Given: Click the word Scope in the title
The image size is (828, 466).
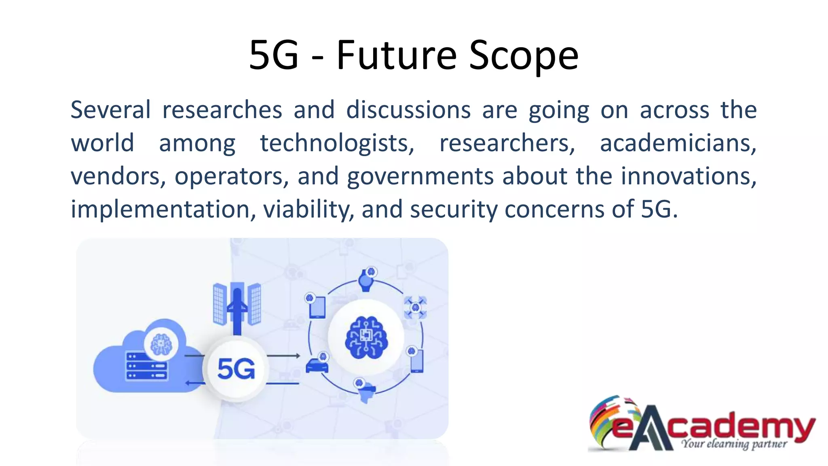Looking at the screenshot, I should pyautogui.click(x=524, y=55).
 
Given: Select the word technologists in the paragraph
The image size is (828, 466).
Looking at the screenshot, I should pyautogui.click(x=337, y=143).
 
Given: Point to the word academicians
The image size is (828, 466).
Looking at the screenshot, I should pyautogui.click(x=678, y=143).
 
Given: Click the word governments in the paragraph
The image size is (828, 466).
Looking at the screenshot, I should pyautogui.click(x=420, y=176).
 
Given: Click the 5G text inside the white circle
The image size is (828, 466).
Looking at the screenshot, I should pyautogui.click(x=236, y=369).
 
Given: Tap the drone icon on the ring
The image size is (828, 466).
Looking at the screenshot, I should pyautogui.click(x=415, y=307).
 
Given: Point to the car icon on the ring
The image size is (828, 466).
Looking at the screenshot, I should pyautogui.click(x=317, y=365).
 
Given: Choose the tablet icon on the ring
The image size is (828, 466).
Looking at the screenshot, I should pyautogui.click(x=317, y=307).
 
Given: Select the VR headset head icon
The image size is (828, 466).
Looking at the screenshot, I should pyautogui.click(x=366, y=392).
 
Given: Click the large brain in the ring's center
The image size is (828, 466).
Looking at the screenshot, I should pyautogui.click(x=366, y=338).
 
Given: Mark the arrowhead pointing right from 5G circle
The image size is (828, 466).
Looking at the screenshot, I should pyautogui.click(x=298, y=356).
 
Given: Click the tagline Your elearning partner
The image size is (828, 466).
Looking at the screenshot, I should pyautogui.click(x=734, y=444).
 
